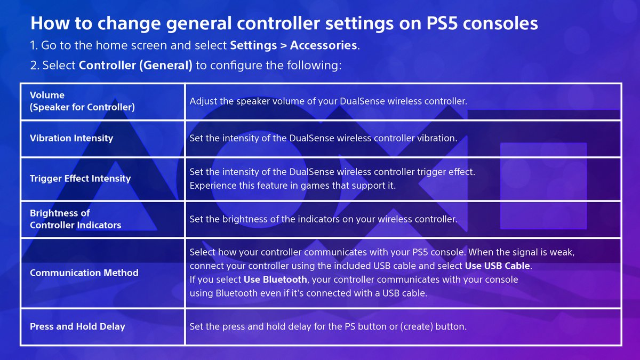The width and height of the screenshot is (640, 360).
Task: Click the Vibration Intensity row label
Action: coord(71,138)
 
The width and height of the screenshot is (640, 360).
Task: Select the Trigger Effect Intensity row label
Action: coord(80,179)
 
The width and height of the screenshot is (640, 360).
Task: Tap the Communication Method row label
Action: coord(84,273)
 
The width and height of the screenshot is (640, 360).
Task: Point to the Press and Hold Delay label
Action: coord(77,326)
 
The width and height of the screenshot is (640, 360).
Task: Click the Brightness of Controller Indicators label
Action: coord(75,219)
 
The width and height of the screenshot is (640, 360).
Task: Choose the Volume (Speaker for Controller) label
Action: coord(82,101)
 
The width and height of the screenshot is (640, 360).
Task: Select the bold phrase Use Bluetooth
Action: coord(275,279)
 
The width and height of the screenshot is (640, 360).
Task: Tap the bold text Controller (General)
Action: coord(135,66)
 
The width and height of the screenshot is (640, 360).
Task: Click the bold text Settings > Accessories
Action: coord(293,45)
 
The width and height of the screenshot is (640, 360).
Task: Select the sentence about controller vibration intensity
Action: coord(323,138)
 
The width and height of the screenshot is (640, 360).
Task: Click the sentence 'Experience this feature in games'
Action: coord(292,186)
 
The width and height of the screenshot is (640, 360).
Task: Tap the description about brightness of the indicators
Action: coord(323,219)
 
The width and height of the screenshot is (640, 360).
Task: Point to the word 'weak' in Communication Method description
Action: coord(562,252)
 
